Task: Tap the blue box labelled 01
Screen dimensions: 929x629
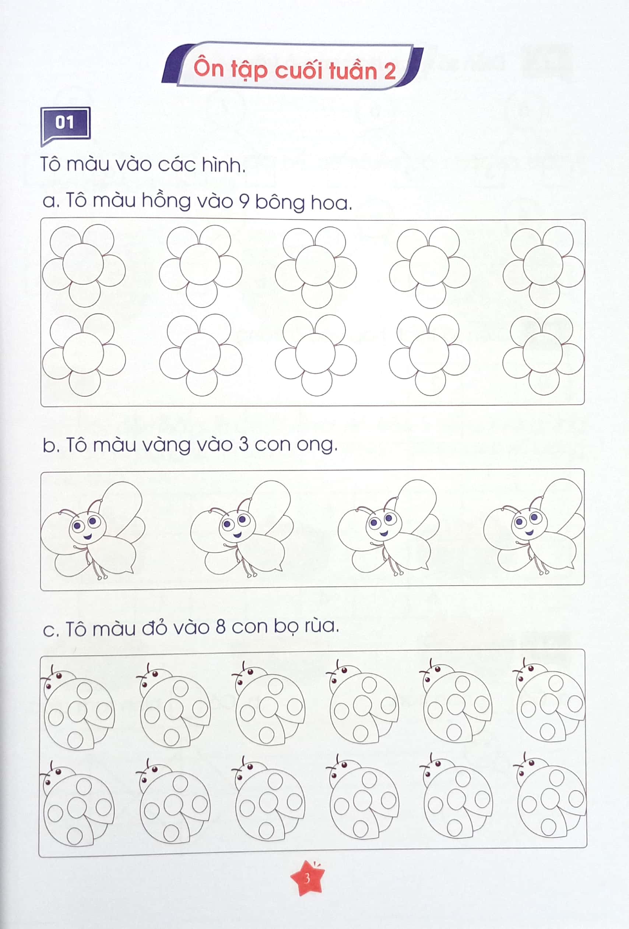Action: [65, 123]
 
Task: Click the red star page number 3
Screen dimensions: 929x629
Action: [307, 878]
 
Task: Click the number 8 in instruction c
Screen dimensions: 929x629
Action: [221, 626]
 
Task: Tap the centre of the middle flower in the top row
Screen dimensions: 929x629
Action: [316, 265]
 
